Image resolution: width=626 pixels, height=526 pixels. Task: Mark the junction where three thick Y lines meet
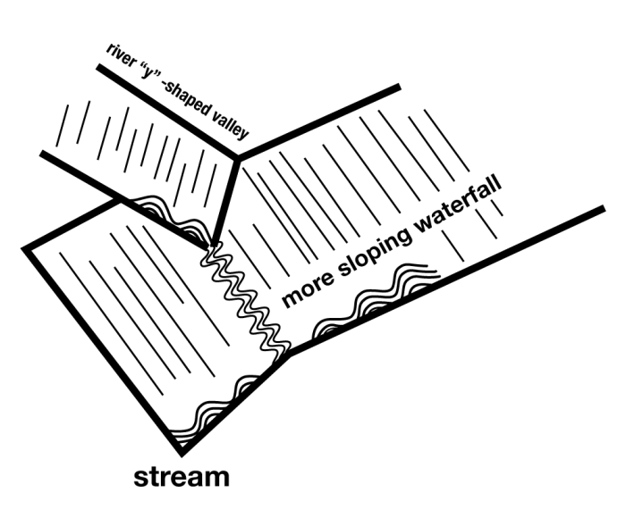point(237,159)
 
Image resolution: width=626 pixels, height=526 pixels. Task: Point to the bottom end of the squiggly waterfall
point(284,350)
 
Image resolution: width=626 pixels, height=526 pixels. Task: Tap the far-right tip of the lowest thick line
point(603,209)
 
